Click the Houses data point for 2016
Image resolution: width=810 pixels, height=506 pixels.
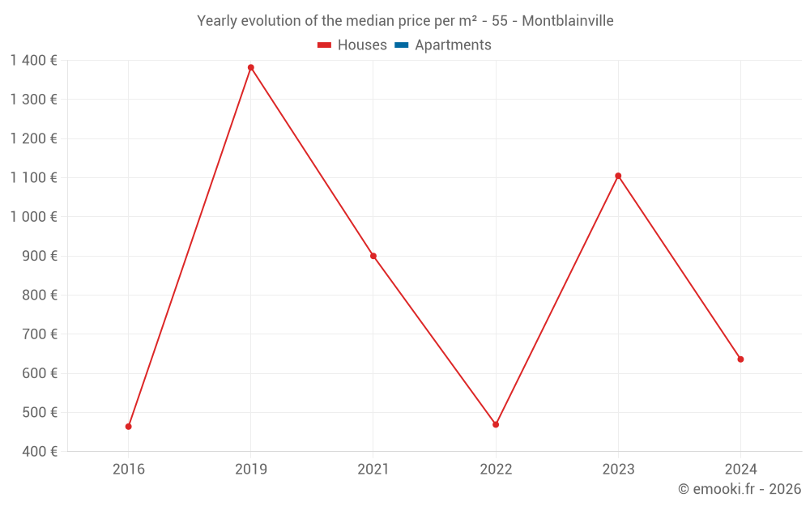click(129, 427)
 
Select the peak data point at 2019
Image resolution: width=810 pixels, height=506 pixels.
click(251, 67)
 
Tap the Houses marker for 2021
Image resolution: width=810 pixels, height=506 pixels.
click(373, 256)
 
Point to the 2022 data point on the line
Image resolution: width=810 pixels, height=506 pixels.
click(496, 424)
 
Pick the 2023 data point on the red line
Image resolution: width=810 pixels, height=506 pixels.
click(618, 176)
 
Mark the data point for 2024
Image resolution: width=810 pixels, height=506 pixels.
click(740, 359)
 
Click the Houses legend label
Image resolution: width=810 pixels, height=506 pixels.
click(362, 45)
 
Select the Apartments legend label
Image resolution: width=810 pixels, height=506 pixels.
click(453, 45)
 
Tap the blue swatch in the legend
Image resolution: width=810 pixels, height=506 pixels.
click(401, 45)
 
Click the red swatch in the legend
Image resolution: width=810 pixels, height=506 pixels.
click(324, 45)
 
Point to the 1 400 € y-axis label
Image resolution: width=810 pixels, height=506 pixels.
click(33, 60)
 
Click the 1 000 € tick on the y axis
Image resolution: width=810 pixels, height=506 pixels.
click(33, 217)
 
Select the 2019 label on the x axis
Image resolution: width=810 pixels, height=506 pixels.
click(251, 470)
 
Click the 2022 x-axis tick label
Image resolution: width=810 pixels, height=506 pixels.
click(496, 470)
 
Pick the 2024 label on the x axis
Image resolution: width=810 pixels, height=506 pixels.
click(740, 470)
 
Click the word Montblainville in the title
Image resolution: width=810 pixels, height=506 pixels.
click(567, 21)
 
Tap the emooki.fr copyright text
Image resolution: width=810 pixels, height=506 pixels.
click(739, 489)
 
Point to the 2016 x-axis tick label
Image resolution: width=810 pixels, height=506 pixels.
click(129, 470)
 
